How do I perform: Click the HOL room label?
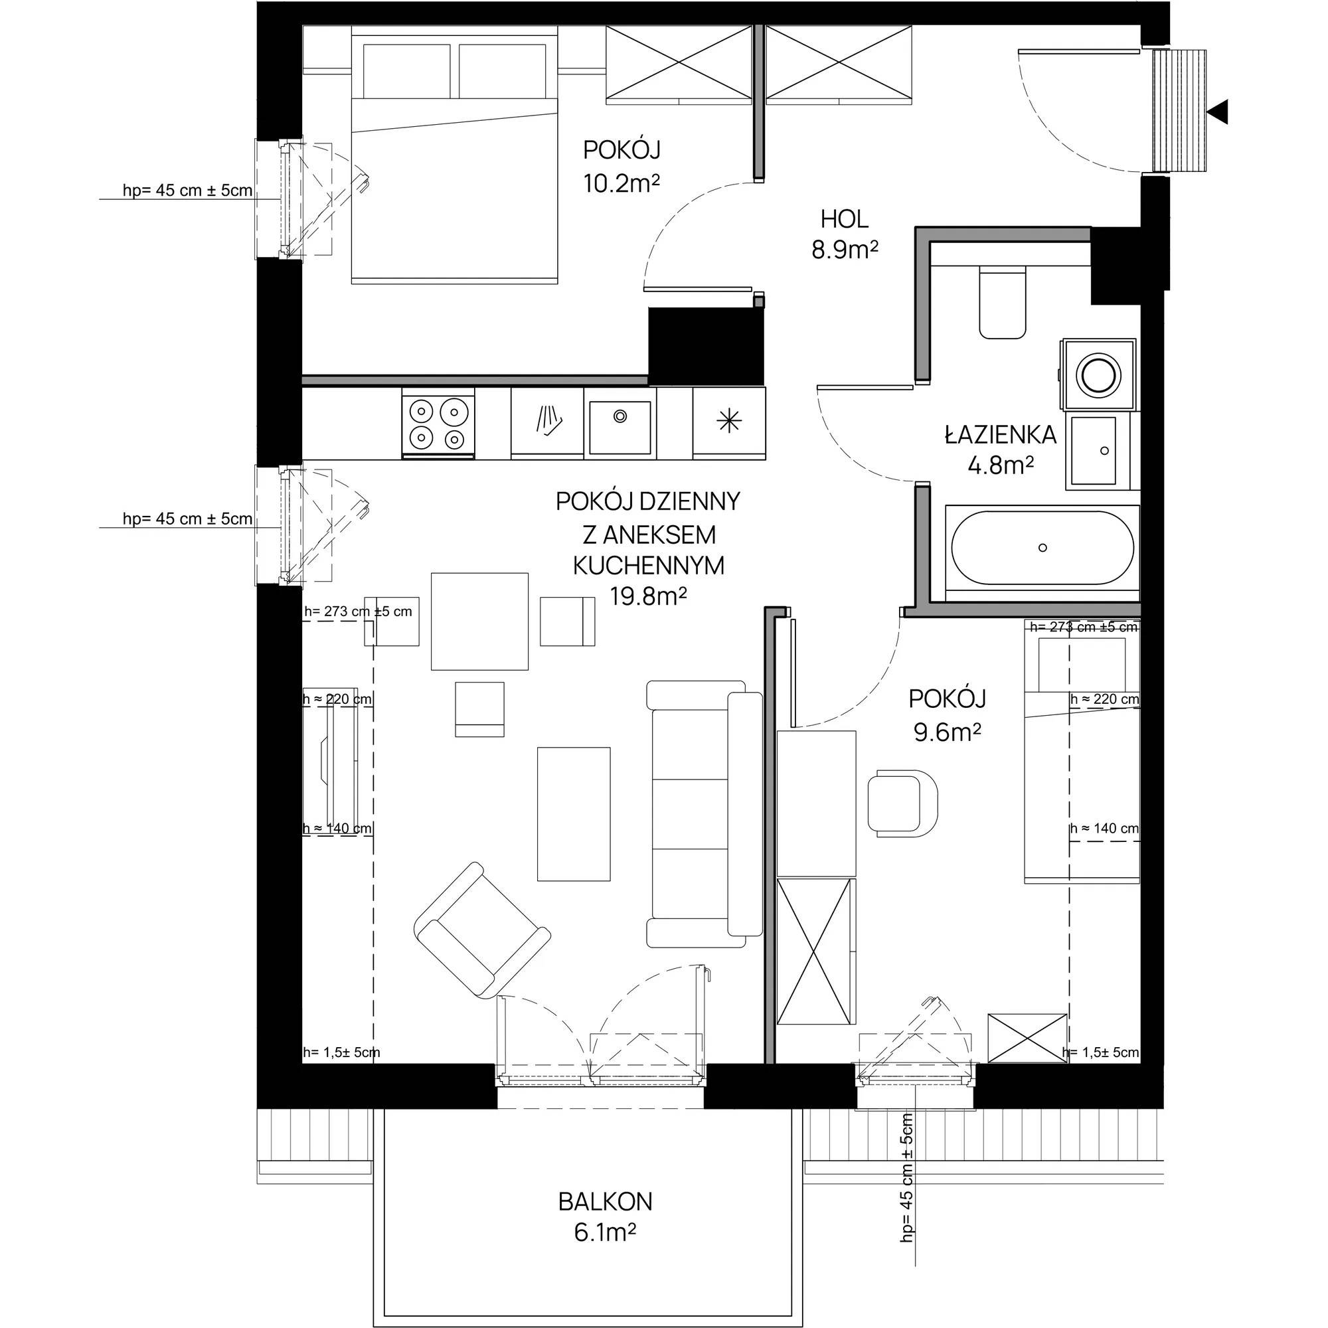coord(845,219)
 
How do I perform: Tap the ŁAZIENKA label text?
coord(1000,435)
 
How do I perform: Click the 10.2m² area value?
coord(622,183)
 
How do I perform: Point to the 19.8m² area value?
coord(648,597)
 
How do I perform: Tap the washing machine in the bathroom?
coord(1098,374)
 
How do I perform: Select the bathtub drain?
coord(1042,548)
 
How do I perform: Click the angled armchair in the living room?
coord(483,930)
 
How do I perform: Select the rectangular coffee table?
coord(574,814)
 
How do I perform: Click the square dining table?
coord(480,622)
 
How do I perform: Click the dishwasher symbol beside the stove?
coord(548,422)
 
